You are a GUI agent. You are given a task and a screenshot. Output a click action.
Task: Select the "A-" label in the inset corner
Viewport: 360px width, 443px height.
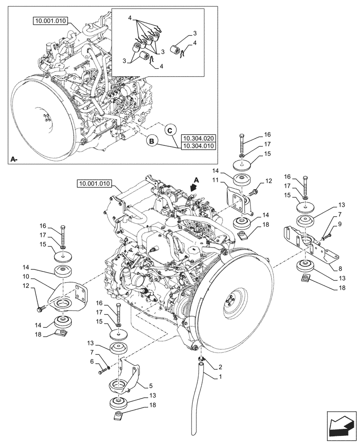point(14,158)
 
